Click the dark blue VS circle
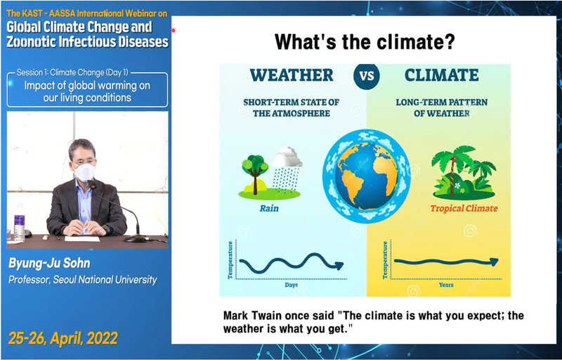point(366,76)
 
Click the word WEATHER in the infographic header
point(292,75)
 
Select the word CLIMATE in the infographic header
point(442,75)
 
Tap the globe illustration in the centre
point(366,176)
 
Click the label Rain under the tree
point(269,208)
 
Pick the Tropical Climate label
point(464,209)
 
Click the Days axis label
point(292,285)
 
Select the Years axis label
point(446,285)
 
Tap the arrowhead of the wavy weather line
point(338,265)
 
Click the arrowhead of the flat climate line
point(495,262)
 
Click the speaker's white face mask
point(84,172)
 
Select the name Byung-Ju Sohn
point(49,264)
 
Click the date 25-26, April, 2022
point(63,338)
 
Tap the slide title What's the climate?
point(365,41)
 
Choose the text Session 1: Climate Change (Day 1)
point(72,72)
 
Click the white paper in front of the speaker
point(82,238)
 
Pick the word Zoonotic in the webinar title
point(31,41)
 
